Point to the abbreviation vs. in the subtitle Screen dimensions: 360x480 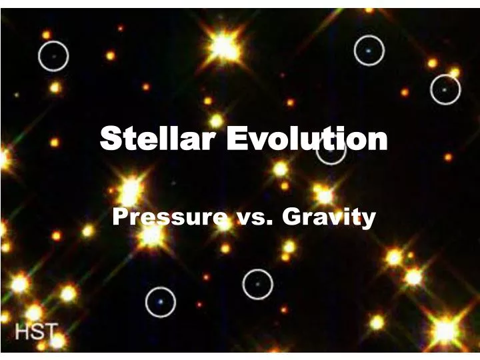coord(250,217)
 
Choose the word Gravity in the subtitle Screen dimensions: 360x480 coord(329,217)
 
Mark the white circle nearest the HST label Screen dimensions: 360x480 coord(160,301)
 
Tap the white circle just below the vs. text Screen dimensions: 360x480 coord(257,284)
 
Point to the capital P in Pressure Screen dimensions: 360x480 coord(120,217)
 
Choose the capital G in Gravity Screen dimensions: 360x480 coord(291,217)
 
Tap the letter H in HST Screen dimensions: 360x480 coord(23,331)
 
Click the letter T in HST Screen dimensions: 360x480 coord(51,331)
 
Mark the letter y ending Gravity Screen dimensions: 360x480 coord(369,219)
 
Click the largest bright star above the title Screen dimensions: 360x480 coord(224,47)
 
